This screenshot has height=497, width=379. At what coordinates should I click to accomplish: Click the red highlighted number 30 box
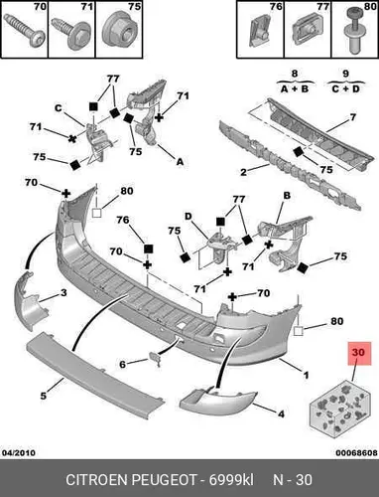(x=359, y=353)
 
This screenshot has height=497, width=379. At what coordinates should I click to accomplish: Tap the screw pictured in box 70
(x=24, y=33)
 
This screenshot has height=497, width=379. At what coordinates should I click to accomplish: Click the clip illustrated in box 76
(x=259, y=32)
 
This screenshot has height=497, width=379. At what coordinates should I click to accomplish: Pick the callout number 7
(x=353, y=117)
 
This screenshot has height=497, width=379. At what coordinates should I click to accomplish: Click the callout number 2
(x=243, y=172)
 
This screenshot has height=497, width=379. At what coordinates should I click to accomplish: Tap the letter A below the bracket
(x=180, y=162)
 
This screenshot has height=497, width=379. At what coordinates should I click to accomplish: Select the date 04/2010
(x=19, y=452)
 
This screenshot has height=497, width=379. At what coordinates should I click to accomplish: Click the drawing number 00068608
(x=357, y=452)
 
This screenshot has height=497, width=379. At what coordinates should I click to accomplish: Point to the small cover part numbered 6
(x=155, y=359)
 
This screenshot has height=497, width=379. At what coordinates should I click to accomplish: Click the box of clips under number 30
(x=339, y=409)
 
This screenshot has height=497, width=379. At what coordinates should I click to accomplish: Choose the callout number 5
(x=44, y=396)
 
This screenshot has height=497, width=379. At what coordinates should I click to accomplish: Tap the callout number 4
(x=281, y=414)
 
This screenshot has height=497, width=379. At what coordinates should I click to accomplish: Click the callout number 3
(x=63, y=293)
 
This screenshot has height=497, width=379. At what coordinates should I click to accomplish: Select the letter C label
(x=59, y=108)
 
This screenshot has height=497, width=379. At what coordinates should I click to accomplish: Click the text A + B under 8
(x=295, y=88)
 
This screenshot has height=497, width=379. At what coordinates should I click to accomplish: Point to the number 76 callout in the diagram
(x=123, y=220)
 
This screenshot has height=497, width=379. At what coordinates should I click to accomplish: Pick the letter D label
(x=188, y=217)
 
